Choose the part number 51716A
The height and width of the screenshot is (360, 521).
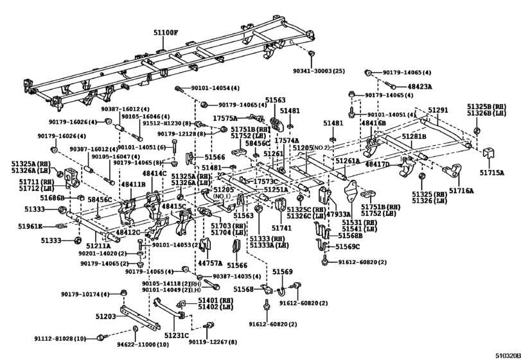click(461, 191)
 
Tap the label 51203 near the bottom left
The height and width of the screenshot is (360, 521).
click(106, 316)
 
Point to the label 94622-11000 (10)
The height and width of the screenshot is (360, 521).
click(143, 345)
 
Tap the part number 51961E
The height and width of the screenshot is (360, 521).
click(30, 226)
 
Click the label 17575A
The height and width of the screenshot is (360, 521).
click(225, 118)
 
